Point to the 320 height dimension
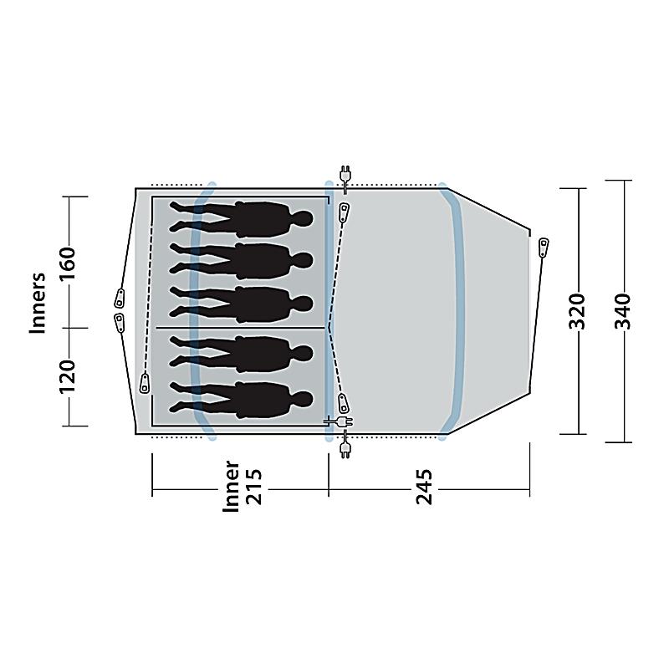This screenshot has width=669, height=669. [x=578, y=311]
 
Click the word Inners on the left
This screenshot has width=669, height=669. [x=38, y=303]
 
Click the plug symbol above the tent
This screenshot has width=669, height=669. [x=344, y=174]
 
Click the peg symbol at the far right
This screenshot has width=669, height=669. [x=544, y=247]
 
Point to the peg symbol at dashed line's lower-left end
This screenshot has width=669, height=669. [x=145, y=383]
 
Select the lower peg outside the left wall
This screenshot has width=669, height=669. [x=118, y=322]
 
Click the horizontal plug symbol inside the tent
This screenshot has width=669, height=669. [x=340, y=422]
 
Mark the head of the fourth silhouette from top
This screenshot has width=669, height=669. [x=303, y=350]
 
